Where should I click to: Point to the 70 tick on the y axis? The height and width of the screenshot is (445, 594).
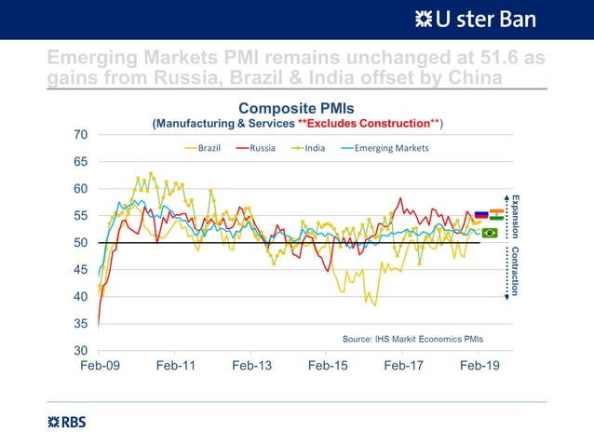pos(81,135)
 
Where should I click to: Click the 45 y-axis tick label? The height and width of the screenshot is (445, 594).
pos(81,270)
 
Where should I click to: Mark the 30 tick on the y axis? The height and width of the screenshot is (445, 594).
pos(81,351)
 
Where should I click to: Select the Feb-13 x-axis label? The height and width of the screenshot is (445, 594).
pos(251,366)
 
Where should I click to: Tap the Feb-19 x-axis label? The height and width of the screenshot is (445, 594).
pos(480,366)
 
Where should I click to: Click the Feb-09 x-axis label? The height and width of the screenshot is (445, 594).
pos(100,366)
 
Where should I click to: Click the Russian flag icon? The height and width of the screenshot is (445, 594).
pos(481,215)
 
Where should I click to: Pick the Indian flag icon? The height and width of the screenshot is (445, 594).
pos(496,215)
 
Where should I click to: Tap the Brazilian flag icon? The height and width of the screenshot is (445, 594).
pos(489,233)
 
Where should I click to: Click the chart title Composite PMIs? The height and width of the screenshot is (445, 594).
pos(297,108)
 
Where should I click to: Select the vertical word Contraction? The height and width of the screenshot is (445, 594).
pos(514,272)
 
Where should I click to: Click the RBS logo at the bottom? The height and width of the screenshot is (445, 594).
pos(66,422)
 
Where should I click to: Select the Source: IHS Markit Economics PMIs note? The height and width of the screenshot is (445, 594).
pos(412,338)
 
